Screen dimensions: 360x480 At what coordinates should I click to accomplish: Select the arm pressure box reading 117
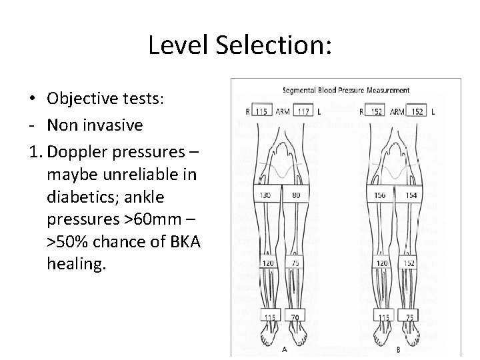303,111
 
